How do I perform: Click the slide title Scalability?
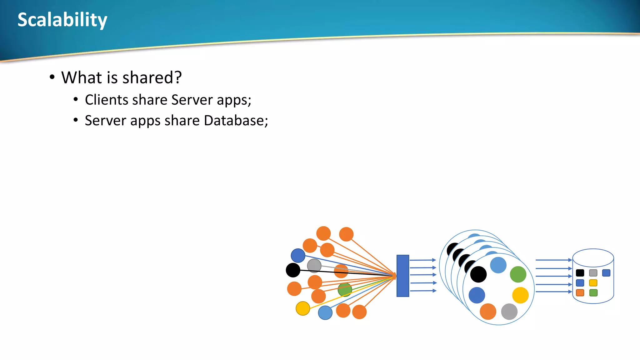click(62, 20)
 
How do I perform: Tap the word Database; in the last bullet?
click(236, 121)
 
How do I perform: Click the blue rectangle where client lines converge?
click(402, 276)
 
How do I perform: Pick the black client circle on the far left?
click(293, 270)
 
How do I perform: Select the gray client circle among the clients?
click(314, 266)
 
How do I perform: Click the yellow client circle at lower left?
click(302, 308)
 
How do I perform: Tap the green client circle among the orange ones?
click(345, 290)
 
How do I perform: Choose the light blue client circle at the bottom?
click(325, 312)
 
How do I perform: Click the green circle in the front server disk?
click(518, 274)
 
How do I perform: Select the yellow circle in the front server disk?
click(520, 295)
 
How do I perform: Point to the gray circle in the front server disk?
click(509, 312)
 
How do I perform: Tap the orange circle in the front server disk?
click(488, 312)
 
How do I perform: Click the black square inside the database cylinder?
click(580, 273)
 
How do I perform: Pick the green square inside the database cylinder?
click(593, 293)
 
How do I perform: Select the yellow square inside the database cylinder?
click(593, 283)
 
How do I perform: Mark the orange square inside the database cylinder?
click(580, 293)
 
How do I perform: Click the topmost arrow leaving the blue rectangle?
click(422, 260)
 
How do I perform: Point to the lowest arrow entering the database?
click(553, 292)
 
